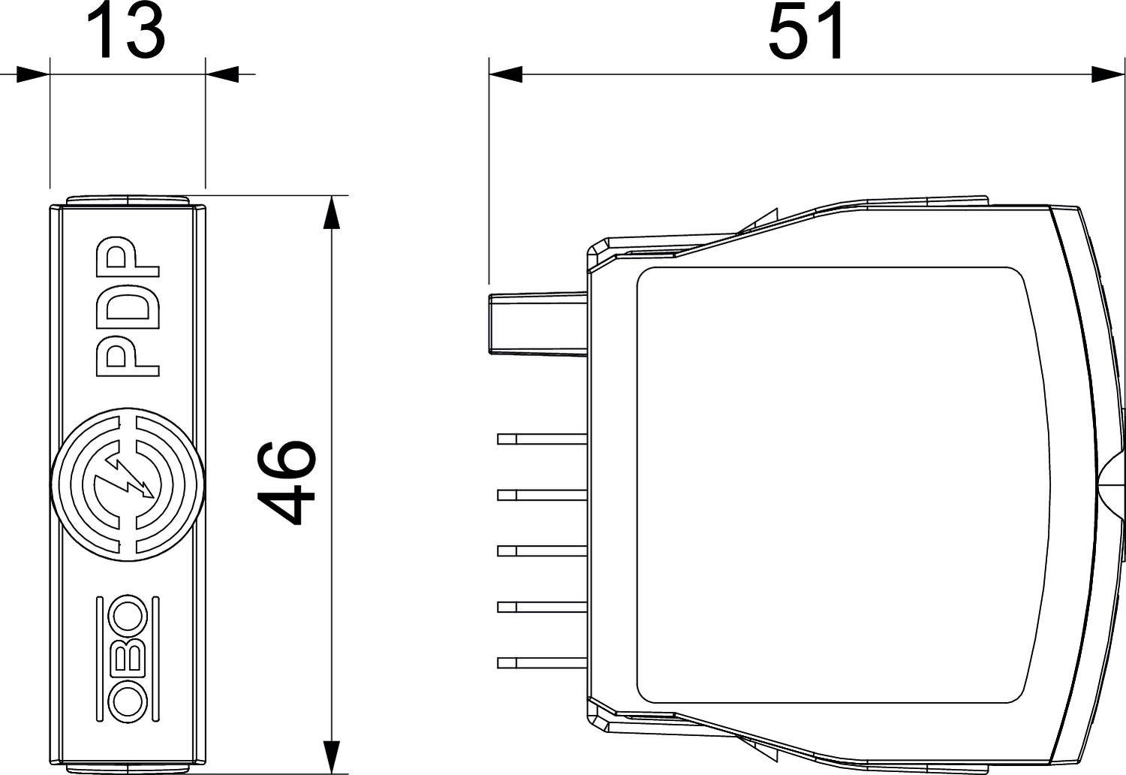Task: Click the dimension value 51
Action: [x=806, y=33]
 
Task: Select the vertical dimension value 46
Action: [x=285, y=482]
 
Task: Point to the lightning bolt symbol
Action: [x=128, y=481]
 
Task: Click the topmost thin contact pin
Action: [x=541, y=439]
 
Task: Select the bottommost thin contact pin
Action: [x=541, y=662]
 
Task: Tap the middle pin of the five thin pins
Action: [x=541, y=550]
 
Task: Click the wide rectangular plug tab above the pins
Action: [x=537, y=324]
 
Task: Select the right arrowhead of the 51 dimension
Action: [x=1108, y=74]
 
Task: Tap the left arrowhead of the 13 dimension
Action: [x=32, y=74]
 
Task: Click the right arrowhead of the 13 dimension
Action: [x=223, y=74]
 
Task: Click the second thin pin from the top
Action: [x=541, y=494]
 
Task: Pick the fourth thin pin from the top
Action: [x=541, y=606]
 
